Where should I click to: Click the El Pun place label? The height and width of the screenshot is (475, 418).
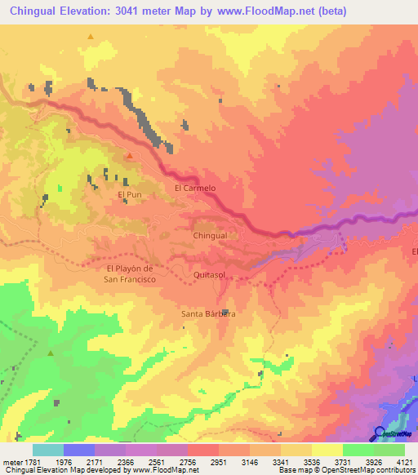(x=131, y=195)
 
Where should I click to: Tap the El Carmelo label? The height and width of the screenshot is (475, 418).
(x=195, y=188)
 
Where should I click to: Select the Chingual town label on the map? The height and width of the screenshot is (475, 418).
(x=210, y=235)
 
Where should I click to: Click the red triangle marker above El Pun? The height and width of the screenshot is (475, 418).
(x=129, y=155)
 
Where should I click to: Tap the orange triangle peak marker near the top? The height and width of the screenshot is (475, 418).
(x=90, y=37)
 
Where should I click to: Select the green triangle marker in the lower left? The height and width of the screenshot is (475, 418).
(x=51, y=353)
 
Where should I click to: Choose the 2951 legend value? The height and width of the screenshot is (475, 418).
(x=219, y=462)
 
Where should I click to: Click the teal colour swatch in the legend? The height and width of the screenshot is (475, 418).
(x=48, y=450)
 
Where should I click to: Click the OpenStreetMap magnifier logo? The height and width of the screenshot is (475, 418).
(x=380, y=433)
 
